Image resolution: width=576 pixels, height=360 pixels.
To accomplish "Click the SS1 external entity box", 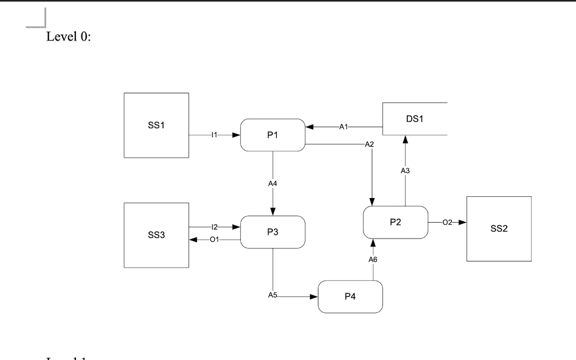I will pos(156,125).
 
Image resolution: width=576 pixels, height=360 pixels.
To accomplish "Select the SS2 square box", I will pos(498,229).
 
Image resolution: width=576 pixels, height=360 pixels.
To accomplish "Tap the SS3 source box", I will pos(156,235).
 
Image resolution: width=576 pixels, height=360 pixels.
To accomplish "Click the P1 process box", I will pos(272,135).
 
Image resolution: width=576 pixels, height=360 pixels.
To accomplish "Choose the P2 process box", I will pos(395,222).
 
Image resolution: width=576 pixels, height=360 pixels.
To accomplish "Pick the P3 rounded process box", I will pos(272,232).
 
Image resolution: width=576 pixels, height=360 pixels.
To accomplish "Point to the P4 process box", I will pos(350,296).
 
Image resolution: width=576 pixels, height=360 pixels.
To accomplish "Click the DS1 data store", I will pos(415,119).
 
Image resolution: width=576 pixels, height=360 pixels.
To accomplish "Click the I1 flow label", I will pos(214,135).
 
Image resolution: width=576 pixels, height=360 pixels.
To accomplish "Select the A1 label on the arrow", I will pos(343,127).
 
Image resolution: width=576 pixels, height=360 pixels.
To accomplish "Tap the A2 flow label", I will pos(369,145).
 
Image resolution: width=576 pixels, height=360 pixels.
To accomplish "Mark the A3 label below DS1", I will pos(405,170).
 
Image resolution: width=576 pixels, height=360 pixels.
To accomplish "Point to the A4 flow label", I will pos(272,183).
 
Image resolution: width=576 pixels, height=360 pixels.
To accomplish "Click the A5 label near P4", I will pos(273,294).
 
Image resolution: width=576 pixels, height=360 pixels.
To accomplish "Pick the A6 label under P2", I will pos(373,259).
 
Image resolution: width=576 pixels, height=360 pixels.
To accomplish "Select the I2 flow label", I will pos(214,227).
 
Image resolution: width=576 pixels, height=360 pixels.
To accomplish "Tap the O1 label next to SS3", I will pos(214,240).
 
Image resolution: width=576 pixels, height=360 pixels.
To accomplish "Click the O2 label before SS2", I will pos(447,223).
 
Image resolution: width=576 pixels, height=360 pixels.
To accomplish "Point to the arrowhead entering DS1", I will pos(405,140).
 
